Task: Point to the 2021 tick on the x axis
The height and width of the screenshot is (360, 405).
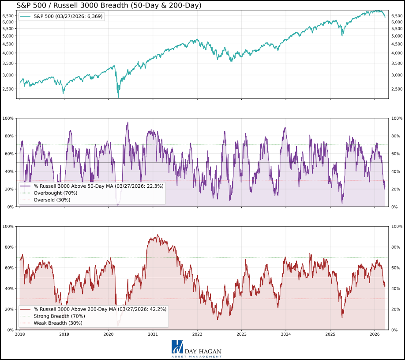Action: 153,335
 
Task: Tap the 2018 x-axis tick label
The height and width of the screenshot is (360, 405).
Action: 20,335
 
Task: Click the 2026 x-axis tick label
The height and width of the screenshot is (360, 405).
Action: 374,335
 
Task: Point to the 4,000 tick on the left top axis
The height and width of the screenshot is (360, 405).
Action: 8,53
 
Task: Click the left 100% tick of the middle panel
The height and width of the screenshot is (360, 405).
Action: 8,118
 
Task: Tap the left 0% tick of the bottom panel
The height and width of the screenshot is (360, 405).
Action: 10,330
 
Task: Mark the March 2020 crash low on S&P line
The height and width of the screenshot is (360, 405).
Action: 118,97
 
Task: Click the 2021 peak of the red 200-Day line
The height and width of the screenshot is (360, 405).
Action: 157,235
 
